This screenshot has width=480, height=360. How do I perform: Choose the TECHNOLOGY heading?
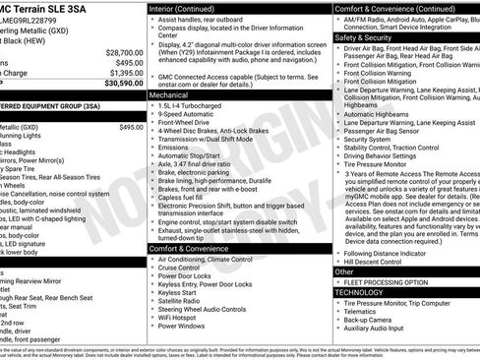(358, 292)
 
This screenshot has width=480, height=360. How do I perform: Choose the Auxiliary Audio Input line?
(380, 328)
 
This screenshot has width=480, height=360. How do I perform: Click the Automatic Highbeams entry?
(378, 114)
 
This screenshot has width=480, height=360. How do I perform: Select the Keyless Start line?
(178, 292)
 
